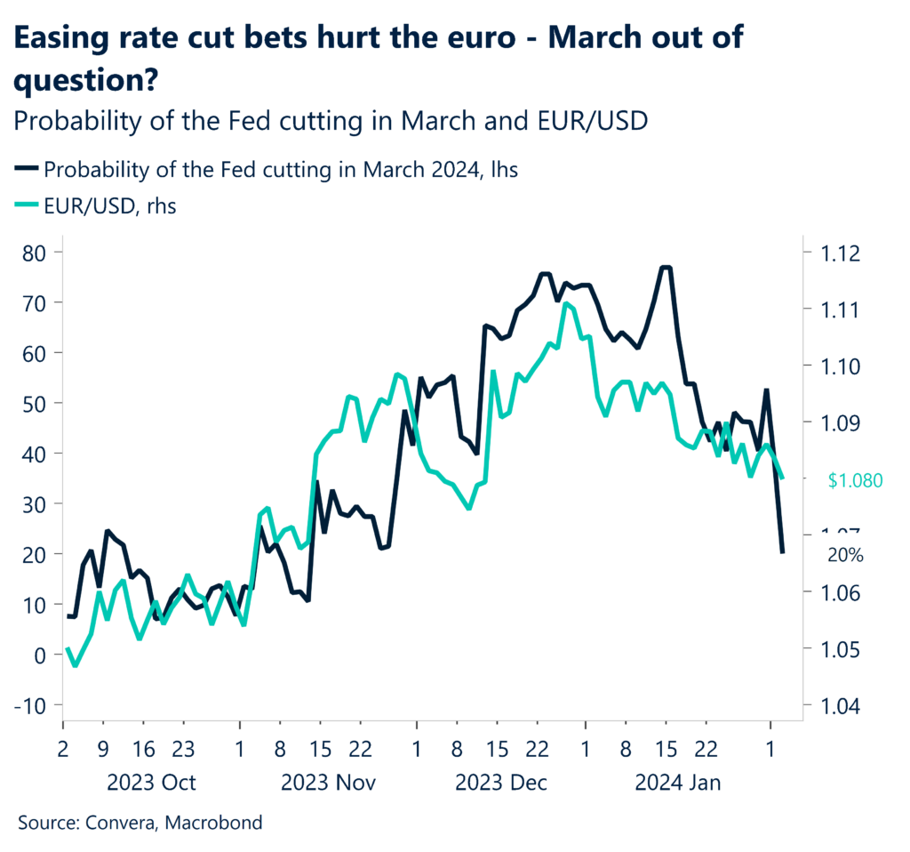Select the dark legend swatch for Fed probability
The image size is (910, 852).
[26, 169]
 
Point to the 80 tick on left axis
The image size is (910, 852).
[36, 253]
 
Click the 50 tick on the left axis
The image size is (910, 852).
[36, 404]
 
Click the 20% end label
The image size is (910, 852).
[845, 554]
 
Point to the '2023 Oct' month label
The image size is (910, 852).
[151, 784]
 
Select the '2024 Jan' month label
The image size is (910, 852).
[677, 784]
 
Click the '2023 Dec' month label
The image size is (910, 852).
[501, 784]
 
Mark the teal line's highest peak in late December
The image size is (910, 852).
[565, 304]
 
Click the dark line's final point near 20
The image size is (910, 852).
[782, 552]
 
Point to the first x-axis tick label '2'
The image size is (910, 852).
[62, 750]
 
